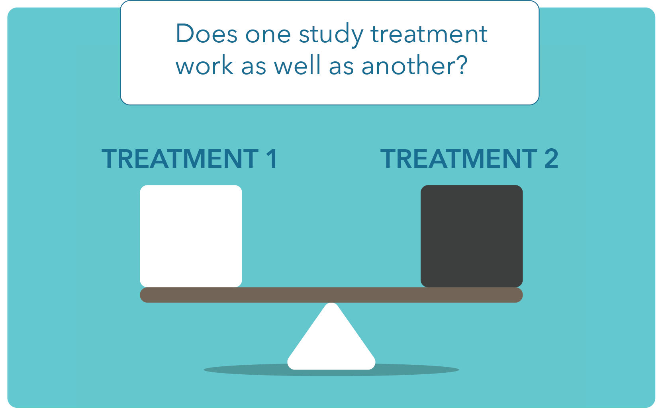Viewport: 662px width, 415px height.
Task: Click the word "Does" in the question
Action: coord(206,34)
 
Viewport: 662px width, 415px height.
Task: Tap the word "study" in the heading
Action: coord(331,35)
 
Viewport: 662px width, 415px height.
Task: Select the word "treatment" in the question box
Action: coord(429,34)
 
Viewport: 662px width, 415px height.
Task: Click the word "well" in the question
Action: coord(297,65)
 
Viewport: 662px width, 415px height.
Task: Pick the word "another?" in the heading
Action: coord(414,65)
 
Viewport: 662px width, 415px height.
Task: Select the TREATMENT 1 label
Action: coord(189,159)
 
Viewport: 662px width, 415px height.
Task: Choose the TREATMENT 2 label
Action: coord(469,159)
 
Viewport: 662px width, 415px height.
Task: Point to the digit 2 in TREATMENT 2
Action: coord(551,159)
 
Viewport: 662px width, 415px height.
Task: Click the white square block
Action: coord(191,236)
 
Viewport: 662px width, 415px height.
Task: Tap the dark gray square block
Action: coord(472,236)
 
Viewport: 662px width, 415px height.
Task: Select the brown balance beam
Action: coord(331,295)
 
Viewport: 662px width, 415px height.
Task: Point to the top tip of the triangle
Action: coord(331,303)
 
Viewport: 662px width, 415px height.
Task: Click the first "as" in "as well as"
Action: coord(254,68)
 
